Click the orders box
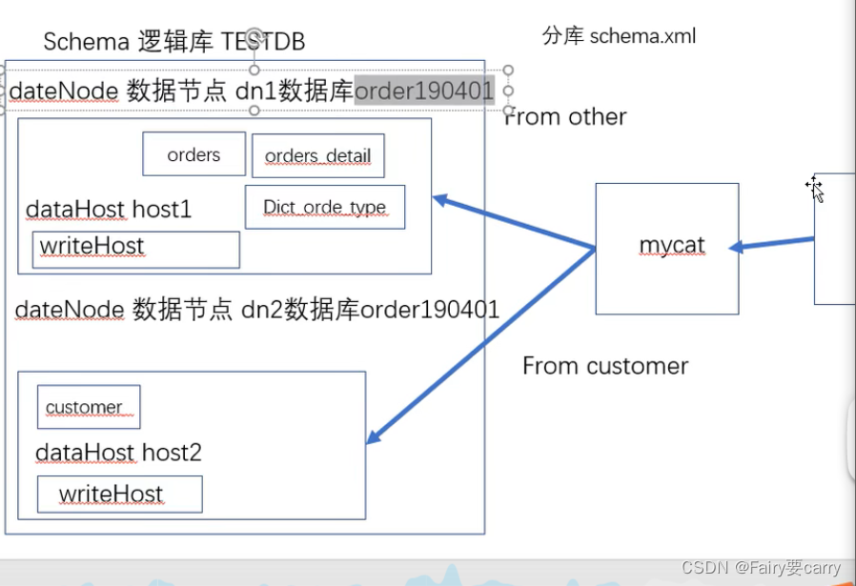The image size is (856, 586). (194, 154)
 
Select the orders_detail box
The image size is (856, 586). (317, 156)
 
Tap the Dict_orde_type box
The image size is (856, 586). (324, 207)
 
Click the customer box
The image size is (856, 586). (88, 407)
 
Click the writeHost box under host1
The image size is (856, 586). (135, 249)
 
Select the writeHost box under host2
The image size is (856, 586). (119, 494)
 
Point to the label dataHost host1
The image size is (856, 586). (109, 210)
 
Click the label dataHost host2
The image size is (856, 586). (118, 452)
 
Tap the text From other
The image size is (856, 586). (565, 117)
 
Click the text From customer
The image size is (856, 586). (605, 366)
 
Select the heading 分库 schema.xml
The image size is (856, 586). (620, 36)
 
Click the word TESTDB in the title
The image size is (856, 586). (264, 41)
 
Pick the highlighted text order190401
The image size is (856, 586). (424, 91)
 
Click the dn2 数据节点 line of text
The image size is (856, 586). (257, 310)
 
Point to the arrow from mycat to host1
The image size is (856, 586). (515, 223)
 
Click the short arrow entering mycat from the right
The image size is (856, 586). (772, 243)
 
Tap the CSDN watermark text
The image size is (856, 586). (761, 568)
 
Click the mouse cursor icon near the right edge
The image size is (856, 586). (815, 189)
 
